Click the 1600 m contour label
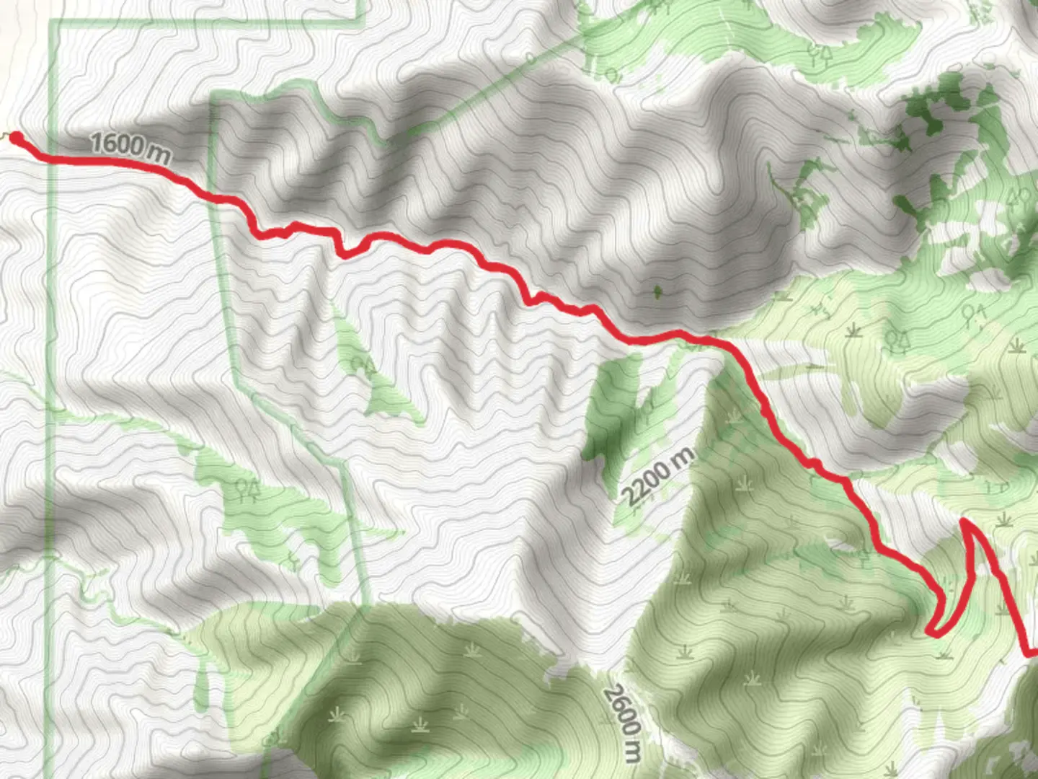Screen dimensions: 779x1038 click(130, 147)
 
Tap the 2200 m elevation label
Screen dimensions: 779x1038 click(658, 476)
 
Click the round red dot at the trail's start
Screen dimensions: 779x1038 click(15, 137)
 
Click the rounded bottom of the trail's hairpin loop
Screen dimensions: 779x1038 click(932, 633)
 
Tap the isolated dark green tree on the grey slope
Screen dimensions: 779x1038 click(657, 292)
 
